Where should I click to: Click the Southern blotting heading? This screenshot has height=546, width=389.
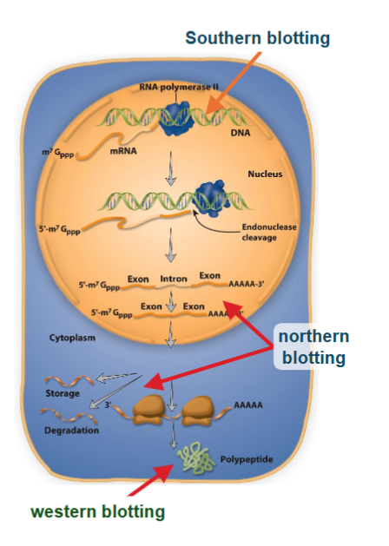click(x=258, y=37)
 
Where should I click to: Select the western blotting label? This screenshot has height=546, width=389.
click(x=97, y=511)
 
